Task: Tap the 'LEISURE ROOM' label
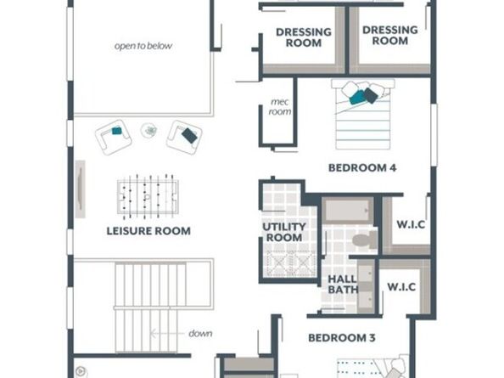pos(148,231)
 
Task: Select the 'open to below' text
pos(143,46)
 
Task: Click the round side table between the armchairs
pos(148,131)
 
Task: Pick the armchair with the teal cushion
pos(113,137)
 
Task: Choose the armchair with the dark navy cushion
pos(184,137)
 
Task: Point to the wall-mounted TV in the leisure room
pos(81,189)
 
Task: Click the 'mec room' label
pos(280,107)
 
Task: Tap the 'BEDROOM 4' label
pos(362,167)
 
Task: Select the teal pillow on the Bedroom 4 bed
pos(357,97)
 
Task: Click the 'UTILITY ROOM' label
pos(284,232)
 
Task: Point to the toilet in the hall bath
pos(365,240)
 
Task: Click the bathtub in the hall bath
pos(348,211)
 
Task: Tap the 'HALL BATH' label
pos(343,285)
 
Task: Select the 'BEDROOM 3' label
pos(342,338)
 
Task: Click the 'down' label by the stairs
pos(200,333)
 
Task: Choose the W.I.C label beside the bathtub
pos(411,224)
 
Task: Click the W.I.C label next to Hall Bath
pos(401,286)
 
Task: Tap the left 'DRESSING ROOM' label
pos(304,37)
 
